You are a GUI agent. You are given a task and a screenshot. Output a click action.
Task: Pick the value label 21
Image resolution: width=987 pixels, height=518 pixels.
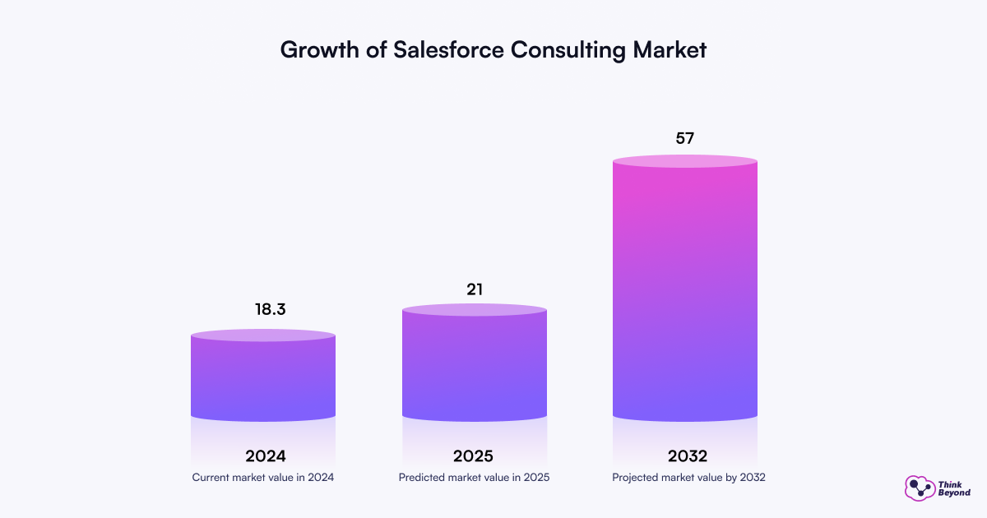click(474, 289)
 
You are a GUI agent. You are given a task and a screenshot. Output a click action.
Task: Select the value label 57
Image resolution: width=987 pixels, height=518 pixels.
click(685, 138)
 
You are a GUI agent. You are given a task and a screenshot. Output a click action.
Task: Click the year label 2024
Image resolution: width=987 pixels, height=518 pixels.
click(265, 456)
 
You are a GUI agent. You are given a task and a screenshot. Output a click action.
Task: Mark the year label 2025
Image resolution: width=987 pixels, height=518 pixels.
click(474, 456)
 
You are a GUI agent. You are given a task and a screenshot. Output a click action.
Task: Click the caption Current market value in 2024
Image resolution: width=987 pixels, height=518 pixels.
click(263, 477)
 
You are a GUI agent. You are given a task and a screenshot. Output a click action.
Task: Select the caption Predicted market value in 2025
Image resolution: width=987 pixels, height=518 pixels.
click(474, 477)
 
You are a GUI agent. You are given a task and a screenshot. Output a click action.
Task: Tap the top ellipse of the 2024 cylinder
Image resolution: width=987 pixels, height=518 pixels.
click(263, 335)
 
